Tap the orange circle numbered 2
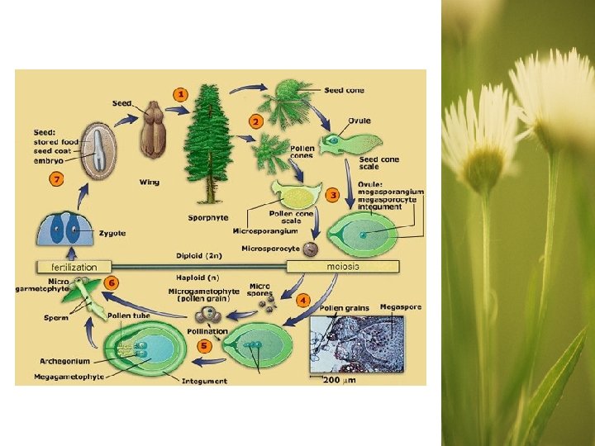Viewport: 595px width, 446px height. [x=255, y=121]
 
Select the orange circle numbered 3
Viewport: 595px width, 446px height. [x=333, y=195]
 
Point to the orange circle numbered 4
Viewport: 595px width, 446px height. [x=304, y=299]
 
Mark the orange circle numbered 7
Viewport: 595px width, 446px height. [x=57, y=178]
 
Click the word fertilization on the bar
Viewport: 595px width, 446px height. [x=74, y=268]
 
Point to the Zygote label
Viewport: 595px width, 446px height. [x=112, y=234]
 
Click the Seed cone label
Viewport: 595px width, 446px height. [x=345, y=90]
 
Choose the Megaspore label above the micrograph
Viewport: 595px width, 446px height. [x=400, y=307]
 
